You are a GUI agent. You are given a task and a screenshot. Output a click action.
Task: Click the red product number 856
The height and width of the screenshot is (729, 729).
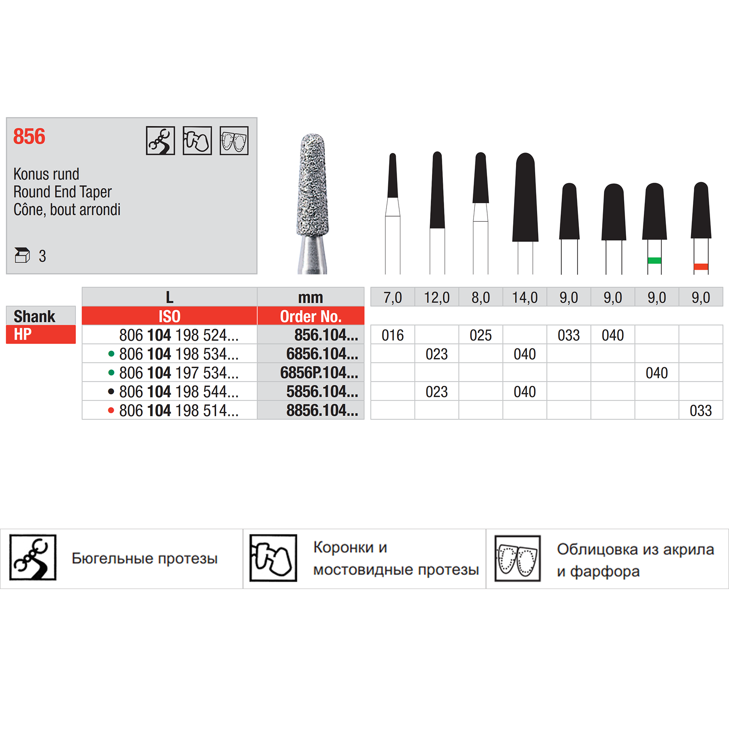click(x=29, y=137)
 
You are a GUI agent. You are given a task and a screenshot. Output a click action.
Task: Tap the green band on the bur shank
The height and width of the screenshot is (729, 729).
click(x=654, y=260)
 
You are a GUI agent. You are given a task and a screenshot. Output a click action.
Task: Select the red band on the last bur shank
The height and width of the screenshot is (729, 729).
click(x=701, y=267)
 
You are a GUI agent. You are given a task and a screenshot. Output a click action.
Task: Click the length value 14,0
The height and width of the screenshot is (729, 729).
click(x=525, y=297)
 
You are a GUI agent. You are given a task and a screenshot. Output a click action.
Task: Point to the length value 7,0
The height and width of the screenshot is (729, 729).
click(x=393, y=297)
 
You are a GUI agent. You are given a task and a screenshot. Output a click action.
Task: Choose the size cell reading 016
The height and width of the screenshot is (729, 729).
click(x=393, y=335)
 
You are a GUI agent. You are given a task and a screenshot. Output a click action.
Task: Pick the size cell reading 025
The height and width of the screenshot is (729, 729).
click(x=481, y=335)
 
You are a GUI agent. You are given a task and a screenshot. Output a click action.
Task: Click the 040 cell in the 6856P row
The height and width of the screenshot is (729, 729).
click(x=657, y=373)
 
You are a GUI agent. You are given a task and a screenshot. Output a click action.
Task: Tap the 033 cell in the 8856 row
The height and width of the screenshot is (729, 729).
click(x=701, y=411)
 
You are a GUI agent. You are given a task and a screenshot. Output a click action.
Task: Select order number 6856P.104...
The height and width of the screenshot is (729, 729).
click(x=319, y=373)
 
